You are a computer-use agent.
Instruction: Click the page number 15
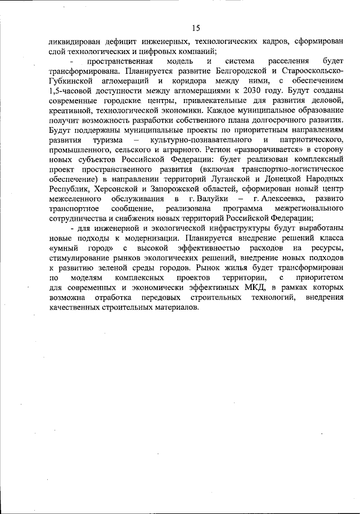196,28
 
